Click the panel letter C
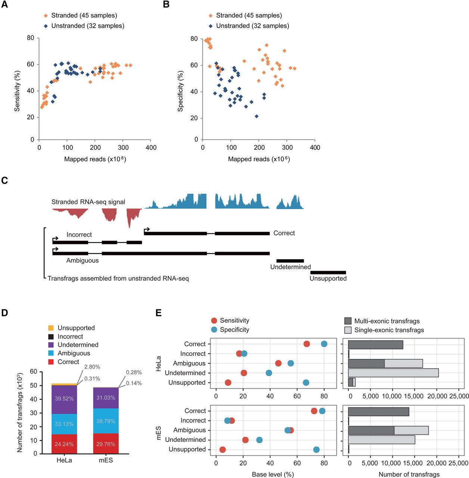[x=4, y=180]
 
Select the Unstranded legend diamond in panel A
[x=46, y=26]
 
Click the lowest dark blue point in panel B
[x=257, y=116]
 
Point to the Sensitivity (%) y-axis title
[x=17, y=91]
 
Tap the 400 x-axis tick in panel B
[x=315, y=148]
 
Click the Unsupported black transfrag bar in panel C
[x=328, y=272]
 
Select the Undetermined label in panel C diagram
[x=291, y=267]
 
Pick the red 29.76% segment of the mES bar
[x=106, y=444]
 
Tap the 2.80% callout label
[x=92, y=367]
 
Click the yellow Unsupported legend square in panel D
[x=51, y=328]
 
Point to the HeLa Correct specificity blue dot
[x=324, y=344]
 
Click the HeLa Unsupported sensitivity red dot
[x=228, y=382]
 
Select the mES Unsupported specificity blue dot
[x=316, y=450]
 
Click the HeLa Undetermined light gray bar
[x=393, y=373]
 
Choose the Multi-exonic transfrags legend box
[x=348, y=321]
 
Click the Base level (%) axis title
[x=273, y=474]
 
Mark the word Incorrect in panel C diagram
[x=79, y=235]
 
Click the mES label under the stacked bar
[x=106, y=460]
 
